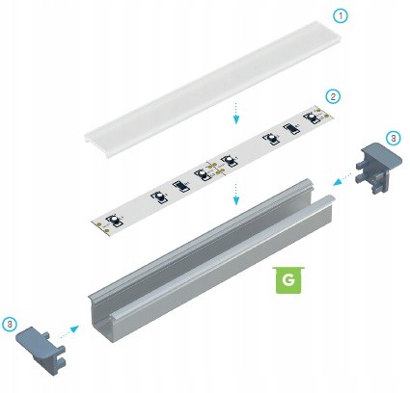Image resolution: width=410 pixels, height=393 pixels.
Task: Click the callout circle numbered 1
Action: pyautogui.click(x=341, y=15)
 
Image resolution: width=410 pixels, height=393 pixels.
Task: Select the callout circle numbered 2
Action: pyautogui.click(x=333, y=96)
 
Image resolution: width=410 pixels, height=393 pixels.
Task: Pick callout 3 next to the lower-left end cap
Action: pyautogui.click(x=10, y=325)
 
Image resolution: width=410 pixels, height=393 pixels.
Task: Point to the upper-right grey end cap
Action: pyautogui.click(x=379, y=168)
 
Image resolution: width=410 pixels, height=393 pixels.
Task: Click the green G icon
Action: pyautogui.click(x=288, y=279)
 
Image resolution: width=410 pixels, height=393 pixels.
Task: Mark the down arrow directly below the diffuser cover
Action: pyautogui.click(x=236, y=113)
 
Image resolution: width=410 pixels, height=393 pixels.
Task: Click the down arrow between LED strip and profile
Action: pyautogui.click(x=236, y=194)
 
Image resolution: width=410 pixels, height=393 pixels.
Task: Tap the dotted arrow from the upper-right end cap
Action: pyautogui.click(x=342, y=179)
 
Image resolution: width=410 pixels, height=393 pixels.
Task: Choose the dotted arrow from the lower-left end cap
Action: pyautogui.click(x=69, y=331)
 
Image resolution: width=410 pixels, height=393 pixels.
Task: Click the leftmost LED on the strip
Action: pyautogui.click(x=115, y=221)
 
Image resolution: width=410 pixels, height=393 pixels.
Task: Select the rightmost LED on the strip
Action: pyautogui.click(x=313, y=117)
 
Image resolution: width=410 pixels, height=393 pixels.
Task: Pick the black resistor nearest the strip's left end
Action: pyautogui.click(x=180, y=186)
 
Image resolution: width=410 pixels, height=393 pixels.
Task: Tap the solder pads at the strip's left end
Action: pyautogui.click(x=102, y=225)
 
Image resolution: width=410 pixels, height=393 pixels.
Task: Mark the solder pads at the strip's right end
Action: pyautogui.click(x=323, y=113)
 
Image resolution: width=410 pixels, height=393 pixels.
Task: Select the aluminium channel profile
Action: pyautogui.click(x=211, y=262)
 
